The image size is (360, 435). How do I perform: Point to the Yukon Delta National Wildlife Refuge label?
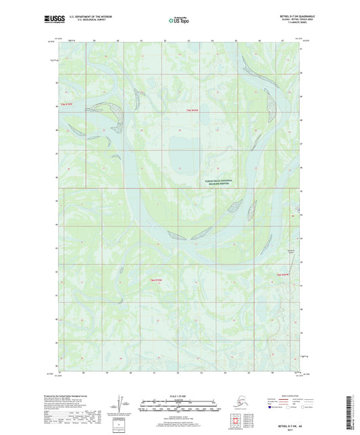coord(218,182)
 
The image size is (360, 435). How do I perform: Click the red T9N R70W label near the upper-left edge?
coord(65,105)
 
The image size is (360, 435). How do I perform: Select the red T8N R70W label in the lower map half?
coord(155,279)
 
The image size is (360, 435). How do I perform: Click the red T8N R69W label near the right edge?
coord(283,274)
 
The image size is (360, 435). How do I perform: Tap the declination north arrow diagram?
coord(120,405)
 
